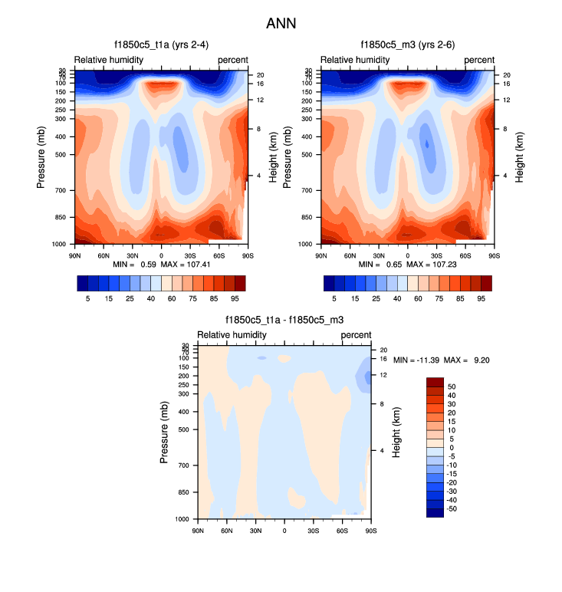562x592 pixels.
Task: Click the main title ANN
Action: (281, 25)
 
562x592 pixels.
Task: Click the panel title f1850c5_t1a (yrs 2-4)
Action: (159, 45)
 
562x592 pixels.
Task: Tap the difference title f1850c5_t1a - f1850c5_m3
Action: (284, 321)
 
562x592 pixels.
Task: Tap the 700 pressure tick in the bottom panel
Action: (184, 465)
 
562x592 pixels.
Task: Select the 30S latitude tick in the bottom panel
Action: (314, 531)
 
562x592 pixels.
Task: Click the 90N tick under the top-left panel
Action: (75, 255)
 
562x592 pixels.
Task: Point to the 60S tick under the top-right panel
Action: (465, 255)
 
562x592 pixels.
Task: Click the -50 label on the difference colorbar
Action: (453, 508)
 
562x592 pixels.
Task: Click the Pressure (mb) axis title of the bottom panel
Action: (164, 432)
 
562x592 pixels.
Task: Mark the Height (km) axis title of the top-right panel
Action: (518, 156)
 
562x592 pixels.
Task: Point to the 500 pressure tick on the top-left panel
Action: (61, 154)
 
